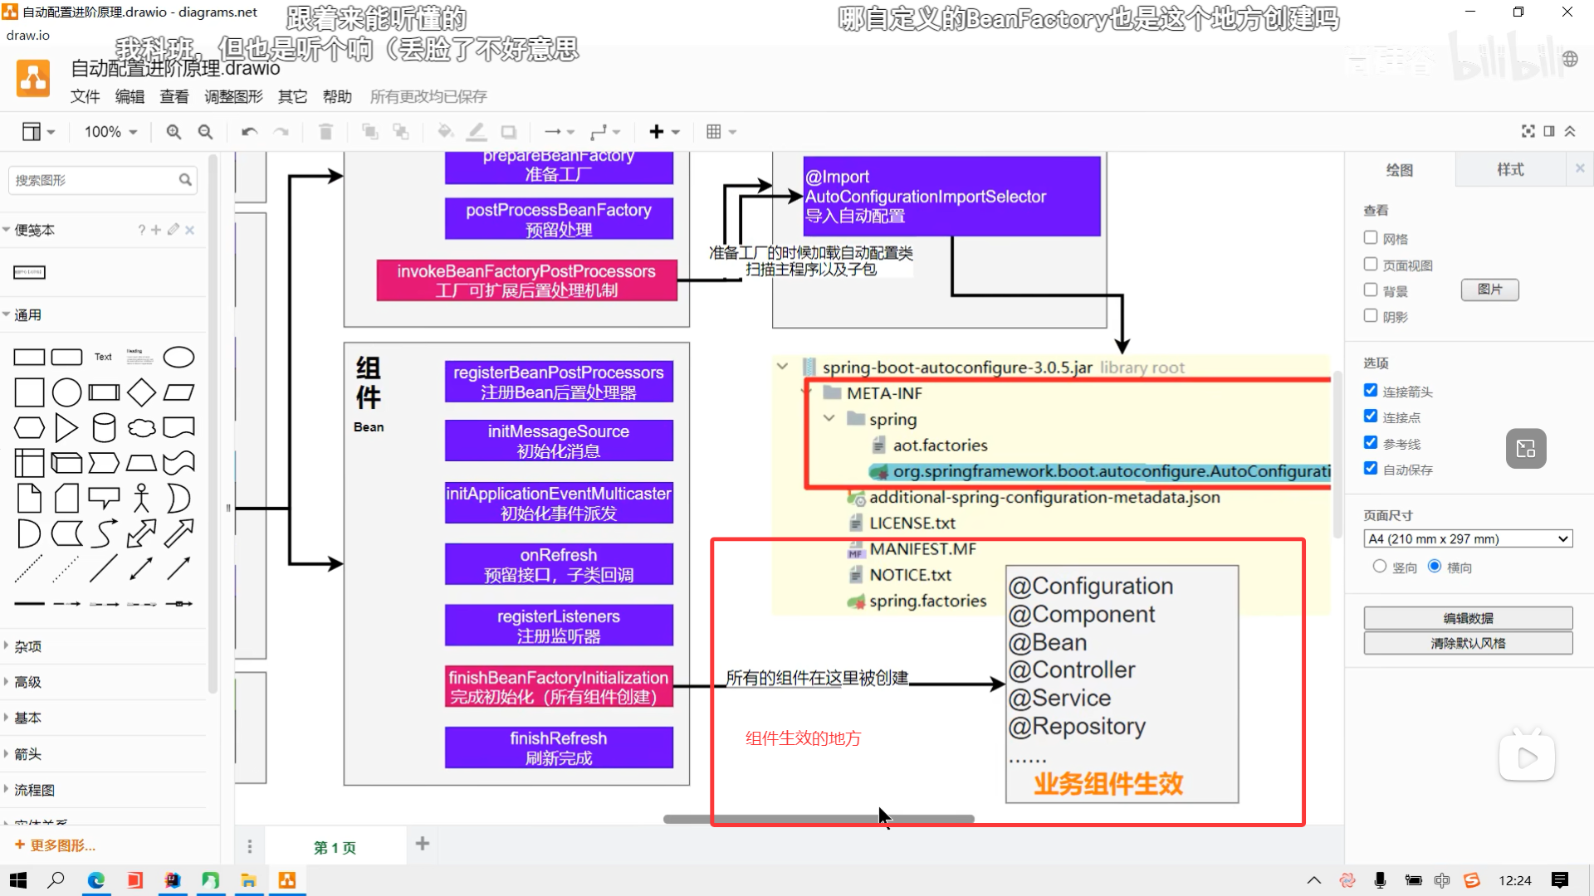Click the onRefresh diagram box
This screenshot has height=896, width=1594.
click(559, 565)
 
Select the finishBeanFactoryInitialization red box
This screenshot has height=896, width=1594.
click(559, 687)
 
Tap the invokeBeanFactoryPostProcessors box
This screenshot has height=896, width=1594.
click(526, 280)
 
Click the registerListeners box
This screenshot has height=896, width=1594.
click(559, 626)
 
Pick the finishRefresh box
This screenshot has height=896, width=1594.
click(559, 747)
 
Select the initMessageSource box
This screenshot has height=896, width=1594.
click(559, 441)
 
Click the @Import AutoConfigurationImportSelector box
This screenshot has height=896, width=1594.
click(951, 197)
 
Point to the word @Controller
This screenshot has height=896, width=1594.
click(1072, 670)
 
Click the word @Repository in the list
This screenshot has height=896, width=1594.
click(1077, 727)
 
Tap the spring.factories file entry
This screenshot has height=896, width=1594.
click(927, 601)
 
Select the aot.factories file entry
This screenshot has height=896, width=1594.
click(940, 446)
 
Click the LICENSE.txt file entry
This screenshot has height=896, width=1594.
click(912, 523)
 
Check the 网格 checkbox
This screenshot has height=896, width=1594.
click(1371, 238)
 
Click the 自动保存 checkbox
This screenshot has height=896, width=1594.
click(1371, 469)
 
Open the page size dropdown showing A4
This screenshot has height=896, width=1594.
click(1468, 539)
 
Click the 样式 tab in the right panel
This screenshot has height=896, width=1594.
click(1510, 170)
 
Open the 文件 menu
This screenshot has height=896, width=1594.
click(85, 97)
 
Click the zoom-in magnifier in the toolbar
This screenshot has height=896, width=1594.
click(174, 132)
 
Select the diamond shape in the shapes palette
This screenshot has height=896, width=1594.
click(141, 392)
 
